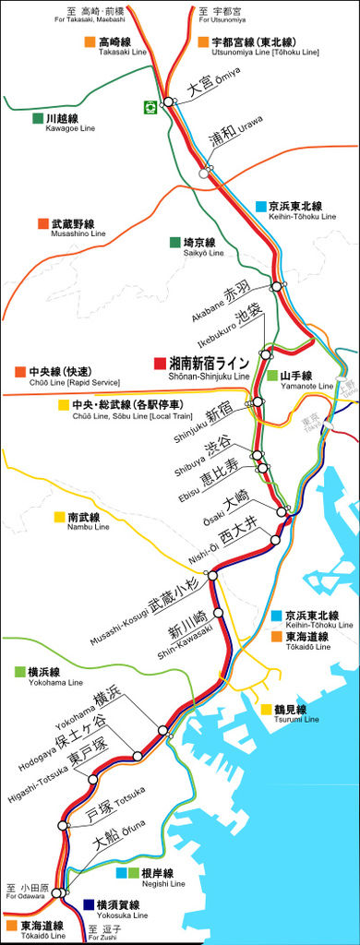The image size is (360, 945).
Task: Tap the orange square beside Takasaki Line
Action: pyautogui.click(x=90, y=42)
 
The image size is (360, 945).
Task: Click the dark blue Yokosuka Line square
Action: pyautogui.click(x=89, y=904)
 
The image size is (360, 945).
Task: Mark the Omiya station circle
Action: pyautogui.click(x=169, y=102)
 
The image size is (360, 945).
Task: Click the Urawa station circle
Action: pyautogui.click(x=205, y=172)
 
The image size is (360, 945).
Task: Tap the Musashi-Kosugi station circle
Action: pyautogui.click(x=212, y=575)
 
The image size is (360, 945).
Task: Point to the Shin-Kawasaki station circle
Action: pyautogui.click(x=219, y=613)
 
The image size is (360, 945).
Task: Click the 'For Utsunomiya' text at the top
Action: pyautogui.click(x=222, y=18)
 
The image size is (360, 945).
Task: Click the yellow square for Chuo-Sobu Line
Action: pyautogui.click(x=64, y=405)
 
